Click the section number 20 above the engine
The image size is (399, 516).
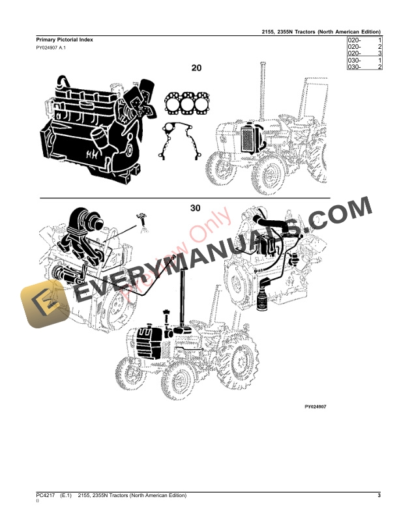(x=196, y=67)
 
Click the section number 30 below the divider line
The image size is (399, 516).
(x=196, y=208)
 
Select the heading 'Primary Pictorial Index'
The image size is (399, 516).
(x=64, y=40)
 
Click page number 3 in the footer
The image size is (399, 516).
(x=378, y=497)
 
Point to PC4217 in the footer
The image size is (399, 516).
(x=47, y=497)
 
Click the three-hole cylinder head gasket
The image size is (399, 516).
(x=188, y=104)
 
